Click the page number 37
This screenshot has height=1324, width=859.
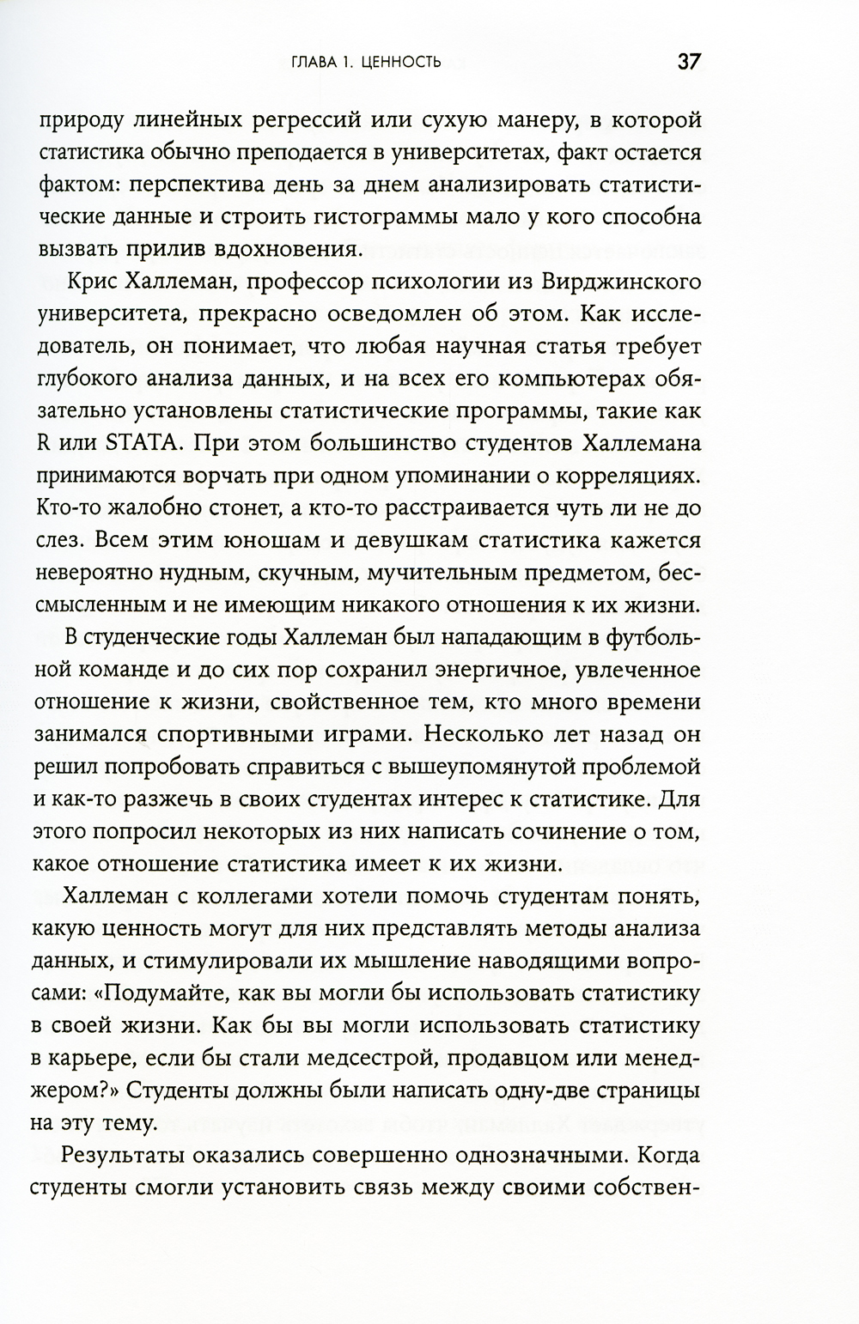coord(689,62)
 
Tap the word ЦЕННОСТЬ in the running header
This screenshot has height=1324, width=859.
coord(400,63)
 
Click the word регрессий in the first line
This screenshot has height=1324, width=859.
coord(308,120)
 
